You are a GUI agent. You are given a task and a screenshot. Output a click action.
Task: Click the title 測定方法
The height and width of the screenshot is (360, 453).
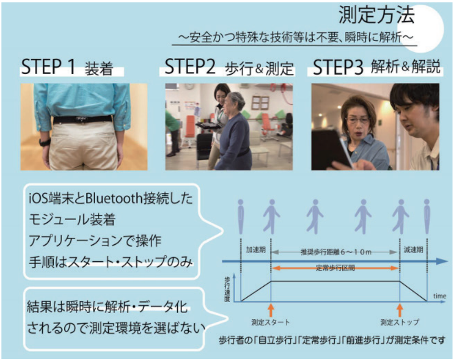[x=376, y=15]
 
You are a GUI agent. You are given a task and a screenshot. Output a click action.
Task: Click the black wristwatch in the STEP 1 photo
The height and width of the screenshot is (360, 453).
[x=45, y=142]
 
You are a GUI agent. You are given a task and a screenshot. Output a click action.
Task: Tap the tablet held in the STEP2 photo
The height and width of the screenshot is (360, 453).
[x=208, y=125]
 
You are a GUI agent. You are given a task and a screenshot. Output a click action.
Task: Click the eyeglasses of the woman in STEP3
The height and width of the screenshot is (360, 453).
[x=357, y=120]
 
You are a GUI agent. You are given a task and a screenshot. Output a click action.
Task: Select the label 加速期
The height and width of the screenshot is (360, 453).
[x=256, y=249]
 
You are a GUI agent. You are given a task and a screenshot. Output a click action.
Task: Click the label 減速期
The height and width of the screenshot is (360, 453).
[x=413, y=249]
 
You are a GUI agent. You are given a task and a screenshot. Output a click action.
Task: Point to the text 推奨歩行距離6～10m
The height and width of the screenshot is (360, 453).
[x=336, y=252]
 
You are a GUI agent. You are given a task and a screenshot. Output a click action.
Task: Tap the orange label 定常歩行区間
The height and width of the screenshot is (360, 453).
[x=335, y=268]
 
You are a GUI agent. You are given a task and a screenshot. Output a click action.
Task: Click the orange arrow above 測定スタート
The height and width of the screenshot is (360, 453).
[x=271, y=310]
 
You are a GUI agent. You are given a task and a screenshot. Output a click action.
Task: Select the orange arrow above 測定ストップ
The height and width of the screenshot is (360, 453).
[x=400, y=310]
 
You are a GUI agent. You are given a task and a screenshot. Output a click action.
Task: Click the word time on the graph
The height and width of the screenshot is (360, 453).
[x=440, y=296]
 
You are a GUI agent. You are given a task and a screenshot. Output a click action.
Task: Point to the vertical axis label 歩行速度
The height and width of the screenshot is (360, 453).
[x=227, y=289]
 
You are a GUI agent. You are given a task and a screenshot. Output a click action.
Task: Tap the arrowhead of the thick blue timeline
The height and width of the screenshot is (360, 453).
[x=442, y=261]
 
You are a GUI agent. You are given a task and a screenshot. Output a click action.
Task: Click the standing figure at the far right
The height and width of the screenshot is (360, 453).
[x=427, y=216]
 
